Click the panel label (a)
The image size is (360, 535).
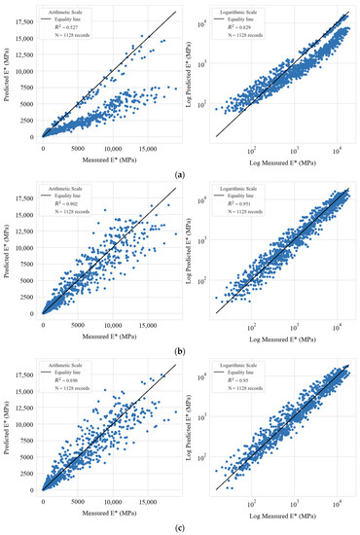pos(180,172)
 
